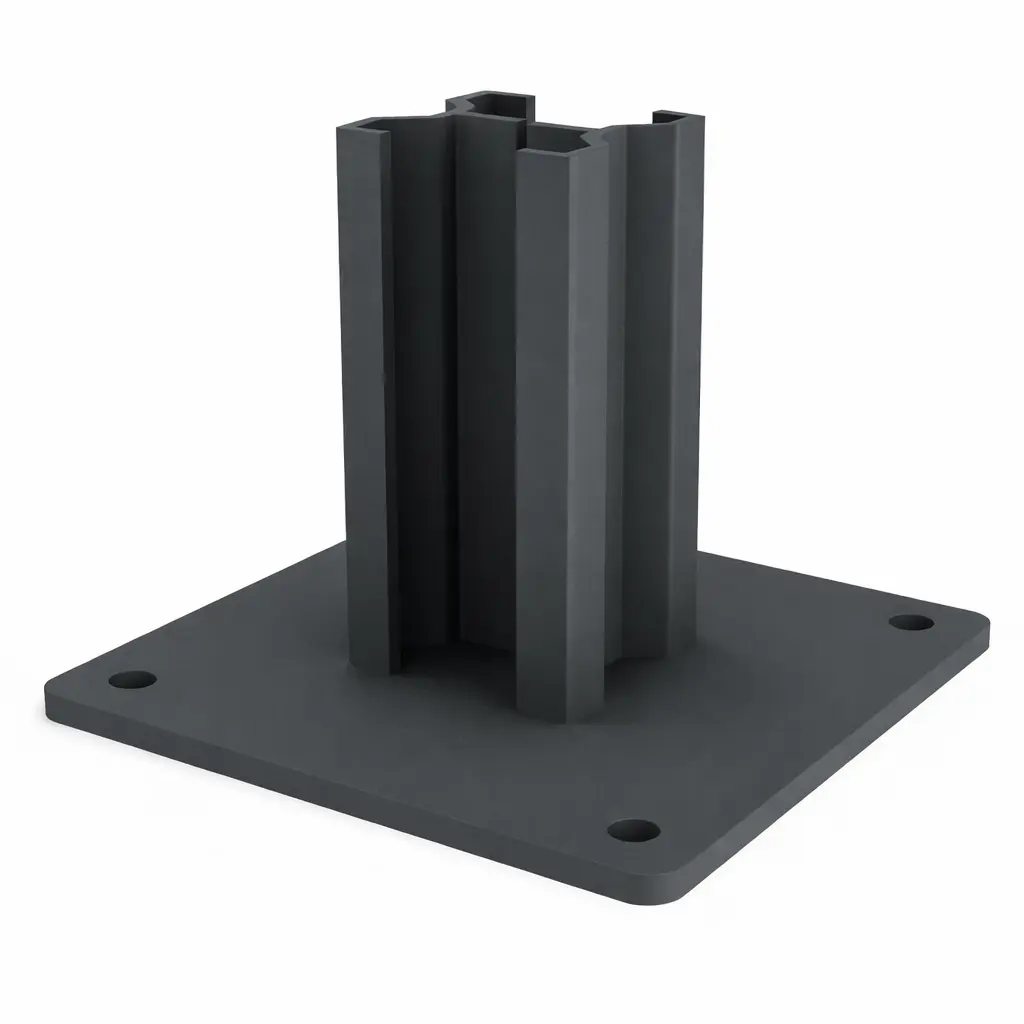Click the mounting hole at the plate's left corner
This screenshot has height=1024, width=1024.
pyautogui.click(x=133, y=680)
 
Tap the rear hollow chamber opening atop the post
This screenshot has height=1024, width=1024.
pyautogui.click(x=490, y=103)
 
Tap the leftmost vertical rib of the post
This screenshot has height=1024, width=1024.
pyautogui.click(x=366, y=400)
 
